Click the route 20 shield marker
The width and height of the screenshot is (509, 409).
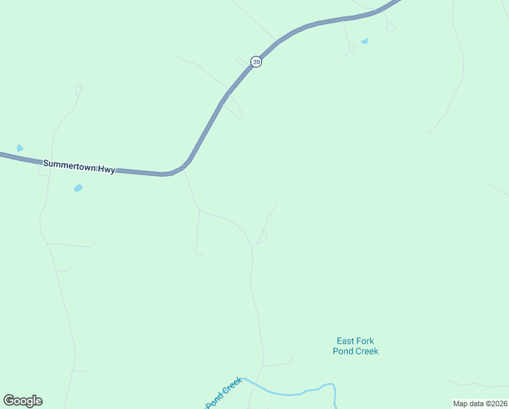pyautogui.click(x=256, y=61)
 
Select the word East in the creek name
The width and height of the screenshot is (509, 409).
pyautogui.click(x=346, y=341)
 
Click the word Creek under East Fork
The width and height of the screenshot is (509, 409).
pyautogui.click(x=366, y=351)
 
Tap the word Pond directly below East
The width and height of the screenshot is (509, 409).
pyautogui.click(x=342, y=351)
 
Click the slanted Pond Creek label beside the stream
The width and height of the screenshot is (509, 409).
pyautogui.click(x=224, y=393)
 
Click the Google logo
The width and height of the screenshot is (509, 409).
pyautogui.click(x=22, y=401)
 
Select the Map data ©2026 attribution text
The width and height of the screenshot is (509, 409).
pyautogui.click(x=480, y=404)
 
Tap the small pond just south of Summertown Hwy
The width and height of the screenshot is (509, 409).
pyautogui.click(x=78, y=187)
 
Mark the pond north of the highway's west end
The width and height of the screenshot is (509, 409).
pyautogui.click(x=20, y=148)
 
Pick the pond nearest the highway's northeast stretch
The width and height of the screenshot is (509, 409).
pyautogui.click(x=364, y=42)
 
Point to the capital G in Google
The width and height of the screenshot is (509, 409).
pyautogui.click(x=9, y=401)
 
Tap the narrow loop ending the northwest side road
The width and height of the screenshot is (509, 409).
pyautogui.click(x=78, y=89)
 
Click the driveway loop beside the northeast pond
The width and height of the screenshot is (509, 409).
pyautogui.click(x=351, y=48)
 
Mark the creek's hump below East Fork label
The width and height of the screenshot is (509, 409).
pyautogui.click(x=328, y=385)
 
